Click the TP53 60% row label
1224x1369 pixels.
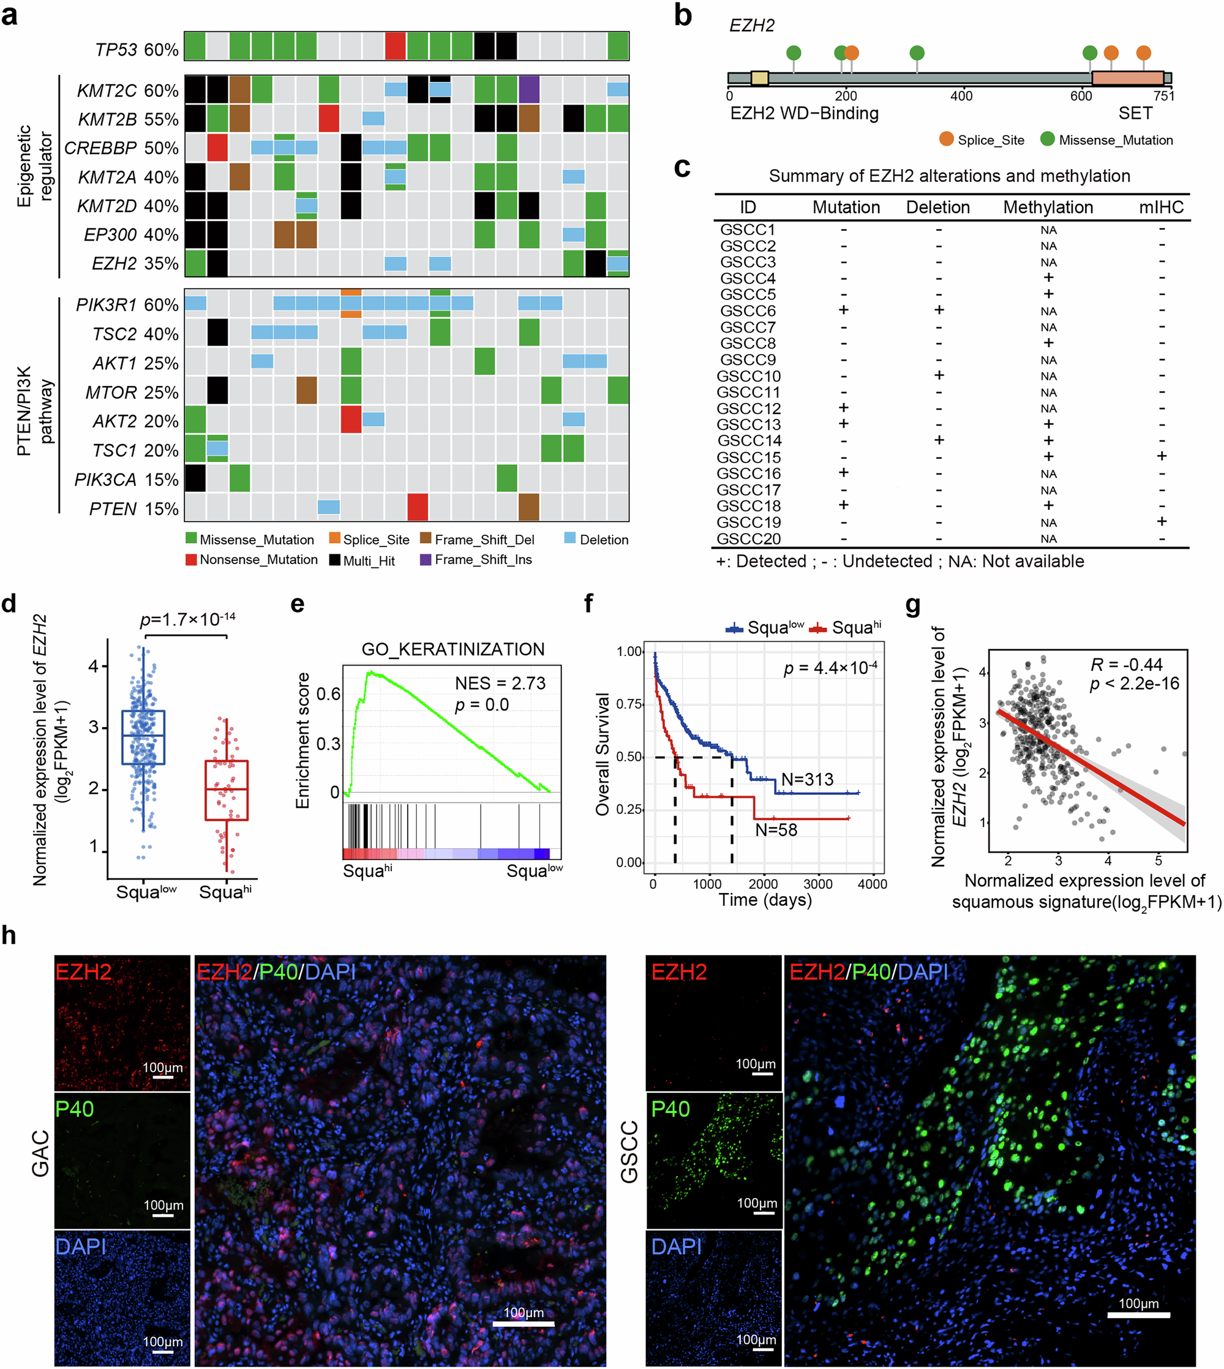click(137, 50)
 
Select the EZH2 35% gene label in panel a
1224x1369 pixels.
click(135, 263)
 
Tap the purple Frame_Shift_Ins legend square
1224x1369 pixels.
click(426, 560)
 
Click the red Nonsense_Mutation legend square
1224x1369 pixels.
click(191, 560)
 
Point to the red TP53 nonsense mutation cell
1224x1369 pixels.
click(396, 46)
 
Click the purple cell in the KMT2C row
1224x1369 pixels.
click(528, 89)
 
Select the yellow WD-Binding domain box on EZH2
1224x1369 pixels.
click(760, 78)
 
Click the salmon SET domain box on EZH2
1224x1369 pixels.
click(1128, 78)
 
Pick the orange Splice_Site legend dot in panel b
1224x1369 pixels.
click(946, 139)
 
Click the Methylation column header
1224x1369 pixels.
click(1048, 207)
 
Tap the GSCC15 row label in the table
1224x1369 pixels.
click(748, 458)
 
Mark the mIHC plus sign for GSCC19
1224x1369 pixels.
click(1162, 521)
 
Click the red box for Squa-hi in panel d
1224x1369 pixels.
click(227, 790)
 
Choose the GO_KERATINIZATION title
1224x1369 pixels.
click(452, 649)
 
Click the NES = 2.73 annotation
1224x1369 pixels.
click(500, 684)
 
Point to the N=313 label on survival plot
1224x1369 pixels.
click(807, 779)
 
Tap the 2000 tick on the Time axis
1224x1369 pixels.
click(764, 884)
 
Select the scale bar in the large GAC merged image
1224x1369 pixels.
click(524, 1324)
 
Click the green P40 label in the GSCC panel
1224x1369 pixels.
click(670, 1108)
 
